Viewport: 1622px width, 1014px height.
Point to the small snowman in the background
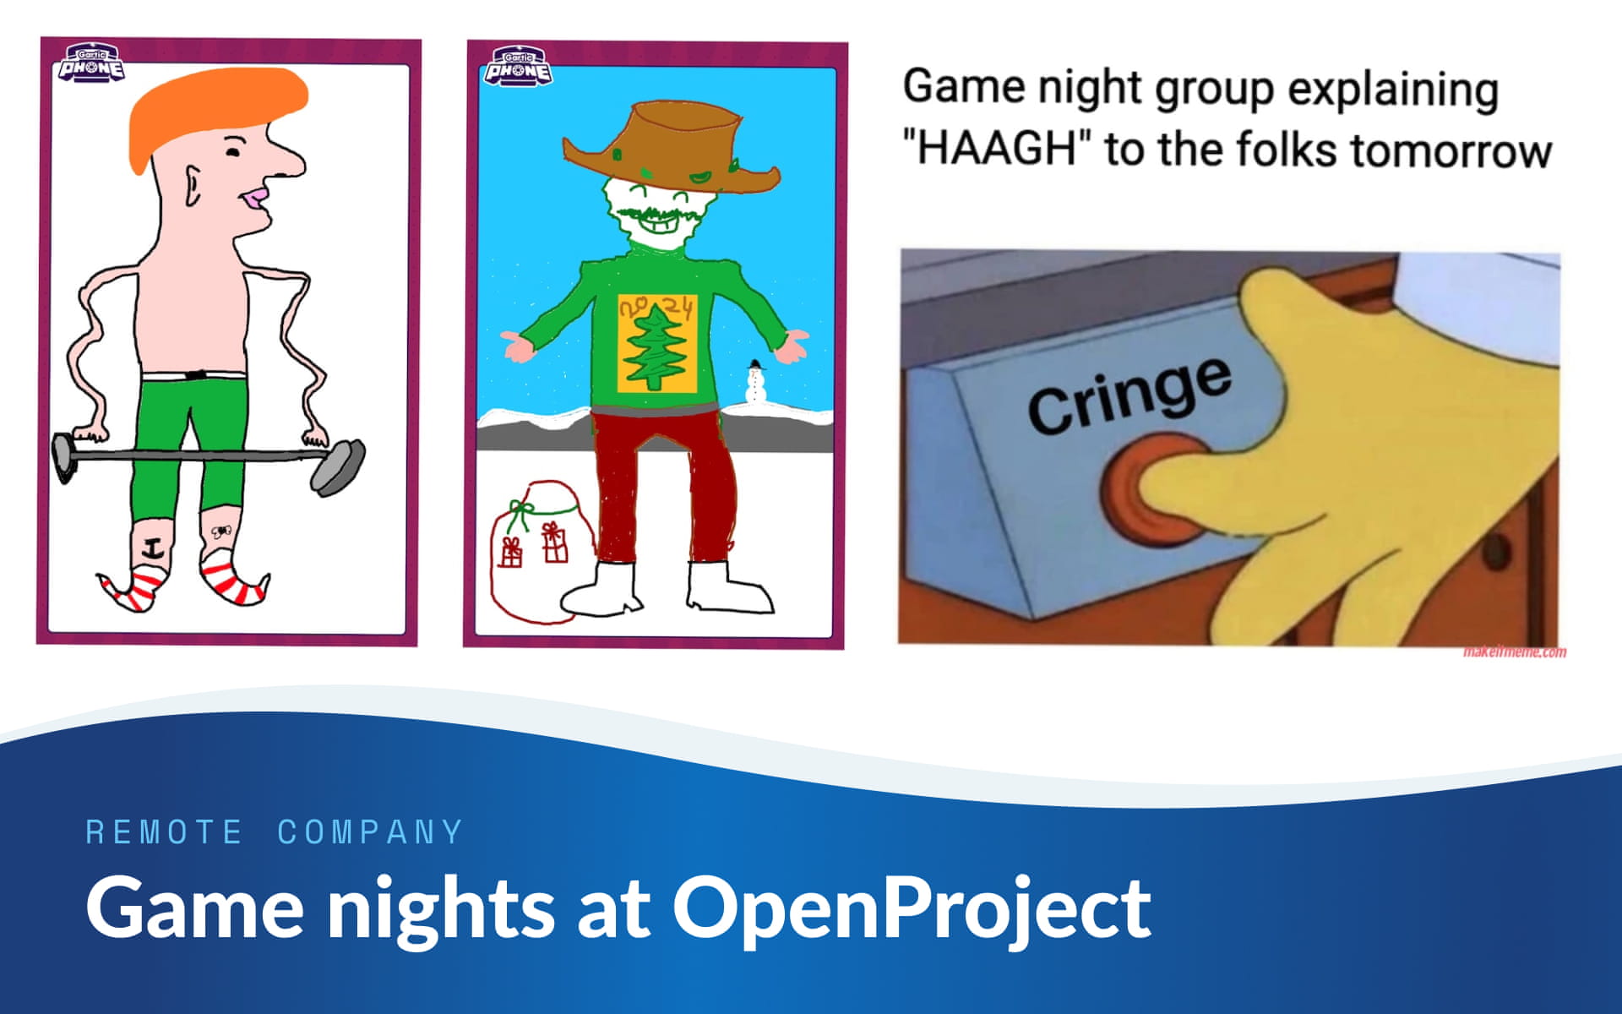click(x=754, y=384)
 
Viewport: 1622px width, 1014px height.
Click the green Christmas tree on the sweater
click(x=656, y=346)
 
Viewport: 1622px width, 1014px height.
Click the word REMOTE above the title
click(x=165, y=832)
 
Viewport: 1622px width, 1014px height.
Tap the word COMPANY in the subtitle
click(x=371, y=832)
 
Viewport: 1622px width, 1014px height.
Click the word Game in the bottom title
click(x=194, y=908)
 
